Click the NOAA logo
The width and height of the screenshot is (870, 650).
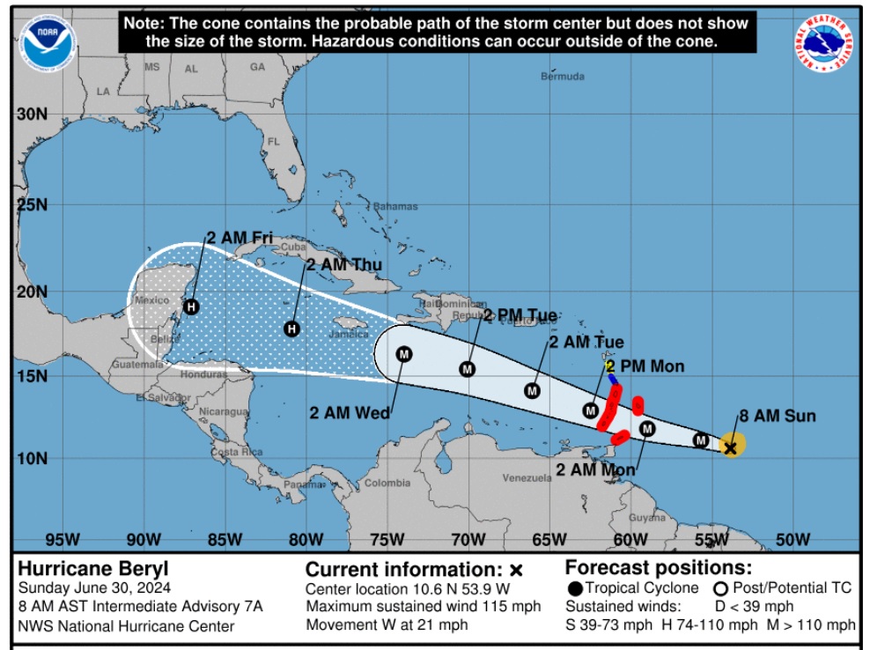(x=48, y=44)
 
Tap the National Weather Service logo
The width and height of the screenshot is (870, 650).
(x=829, y=44)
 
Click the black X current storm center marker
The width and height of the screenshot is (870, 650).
(x=730, y=448)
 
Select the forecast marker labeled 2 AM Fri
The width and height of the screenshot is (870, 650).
(x=192, y=307)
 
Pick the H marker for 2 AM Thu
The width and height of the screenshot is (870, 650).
(x=292, y=329)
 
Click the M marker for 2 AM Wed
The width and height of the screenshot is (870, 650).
(x=404, y=354)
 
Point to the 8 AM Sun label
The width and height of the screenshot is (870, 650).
(x=777, y=416)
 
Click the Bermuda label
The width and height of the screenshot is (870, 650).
(x=563, y=77)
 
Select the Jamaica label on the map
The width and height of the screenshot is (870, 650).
(x=349, y=335)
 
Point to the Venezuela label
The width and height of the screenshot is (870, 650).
(x=527, y=478)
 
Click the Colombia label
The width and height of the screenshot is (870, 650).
(x=387, y=483)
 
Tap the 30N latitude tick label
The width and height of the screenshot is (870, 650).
(x=32, y=114)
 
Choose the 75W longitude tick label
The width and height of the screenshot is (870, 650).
(x=386, y=539)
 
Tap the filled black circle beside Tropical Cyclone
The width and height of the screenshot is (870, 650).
(x=575, y=588)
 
